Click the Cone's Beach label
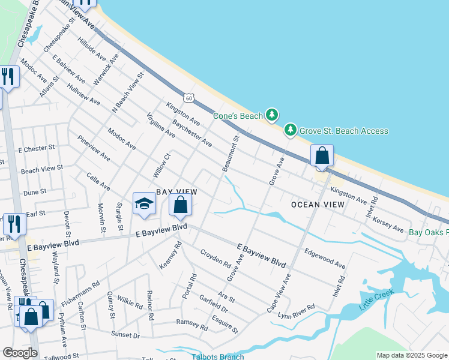tap(238, 116)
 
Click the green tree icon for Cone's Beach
tap(273, 114)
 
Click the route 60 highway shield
tap(190, 98)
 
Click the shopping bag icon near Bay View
tap(180, 206)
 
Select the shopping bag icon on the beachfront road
tap(322, 156)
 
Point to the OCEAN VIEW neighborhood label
tap(318, 205)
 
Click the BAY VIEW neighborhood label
tap(176, 191)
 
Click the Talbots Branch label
tap(218, 356)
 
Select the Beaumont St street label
tap(231, 154)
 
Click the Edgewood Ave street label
tap(325, 259)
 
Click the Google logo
tap(19, 353)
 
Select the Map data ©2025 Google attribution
tap(411, 355)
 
